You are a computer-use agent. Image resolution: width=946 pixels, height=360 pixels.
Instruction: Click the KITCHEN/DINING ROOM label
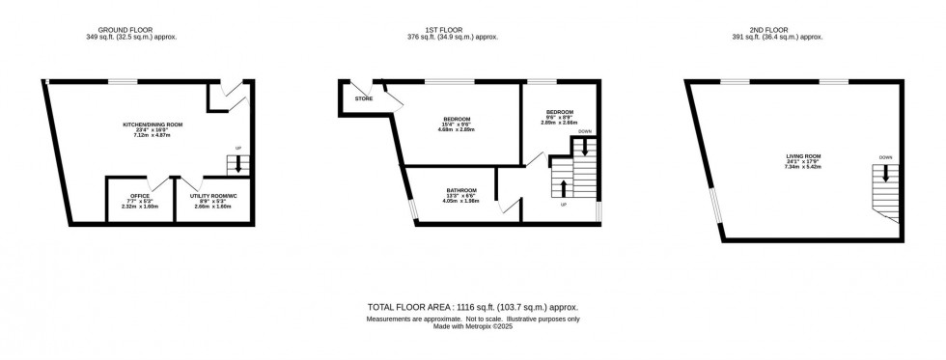pyautogui.click(x=153, y=125)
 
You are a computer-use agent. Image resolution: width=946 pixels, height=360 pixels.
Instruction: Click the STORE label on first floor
pyautogui.click(x=364, y=98)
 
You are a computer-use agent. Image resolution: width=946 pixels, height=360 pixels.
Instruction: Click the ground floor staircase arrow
pyautogui.click(x=238, y=164)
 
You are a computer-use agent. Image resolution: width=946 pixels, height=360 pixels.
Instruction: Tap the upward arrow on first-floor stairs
pyautogui.click(x=563, y=186)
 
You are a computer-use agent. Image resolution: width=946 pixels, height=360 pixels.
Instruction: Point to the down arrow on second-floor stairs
pyautogui.click(x=885, y=175)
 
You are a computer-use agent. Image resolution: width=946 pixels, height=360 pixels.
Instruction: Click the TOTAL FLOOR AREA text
pyautogui.click(x=473, y=306)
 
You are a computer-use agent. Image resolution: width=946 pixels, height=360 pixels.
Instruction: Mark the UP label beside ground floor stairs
pyautogui.click(x=238, y=148)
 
